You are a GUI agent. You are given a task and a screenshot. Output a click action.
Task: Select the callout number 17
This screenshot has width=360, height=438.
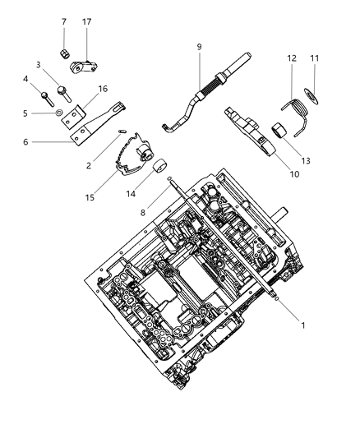pyautogui.click(x=87, y=21)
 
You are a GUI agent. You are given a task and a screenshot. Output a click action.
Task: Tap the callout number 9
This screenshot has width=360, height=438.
pyautogui.click(x=198, y=47)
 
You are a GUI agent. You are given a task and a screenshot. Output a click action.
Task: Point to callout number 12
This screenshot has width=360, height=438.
pyautogui.click(x=292, y=58)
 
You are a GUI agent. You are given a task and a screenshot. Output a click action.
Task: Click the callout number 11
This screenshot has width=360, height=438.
pyautogui.click(x=314, y=58)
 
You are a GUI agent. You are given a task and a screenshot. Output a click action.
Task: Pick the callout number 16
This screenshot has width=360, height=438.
pyautogui.click(x=103, y=89)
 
